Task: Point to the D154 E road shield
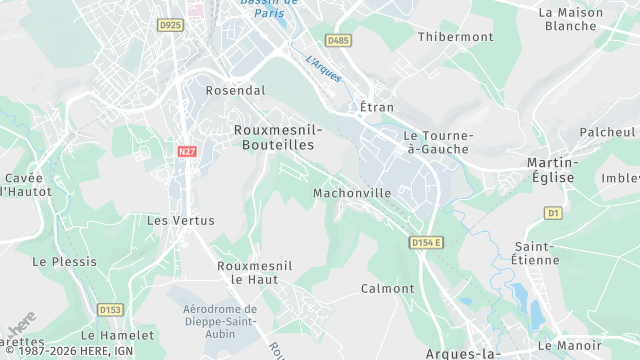[426, 242]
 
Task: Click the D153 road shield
[109, 309]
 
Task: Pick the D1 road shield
[553, 213]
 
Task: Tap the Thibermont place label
[456, 37]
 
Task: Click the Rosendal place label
[235, 90]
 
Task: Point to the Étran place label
[377, 107]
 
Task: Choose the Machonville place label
[351, 193]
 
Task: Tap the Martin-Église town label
[552, 169]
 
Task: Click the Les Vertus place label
[173, 220]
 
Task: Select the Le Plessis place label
[65, 261]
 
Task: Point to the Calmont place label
[387, 289]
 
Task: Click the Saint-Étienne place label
[537, 253]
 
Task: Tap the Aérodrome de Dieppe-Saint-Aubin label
[220, 322]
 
